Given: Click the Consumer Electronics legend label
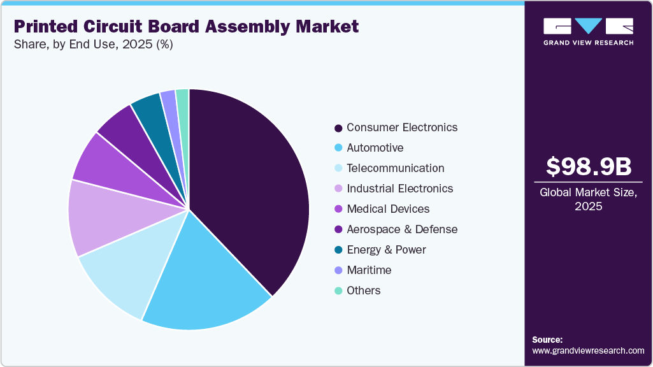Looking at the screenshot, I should (401, 127).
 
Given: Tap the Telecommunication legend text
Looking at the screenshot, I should (395, 168).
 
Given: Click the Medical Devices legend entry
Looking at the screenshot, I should (387, 209).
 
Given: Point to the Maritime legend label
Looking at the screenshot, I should (368, 270).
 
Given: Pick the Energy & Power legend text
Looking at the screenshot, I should (385, 250).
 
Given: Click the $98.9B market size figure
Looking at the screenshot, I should (588, 167).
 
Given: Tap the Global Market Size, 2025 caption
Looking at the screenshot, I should (588, 199).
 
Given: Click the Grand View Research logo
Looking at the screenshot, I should (588, 31).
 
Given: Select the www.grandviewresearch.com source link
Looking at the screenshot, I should (588, 350).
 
